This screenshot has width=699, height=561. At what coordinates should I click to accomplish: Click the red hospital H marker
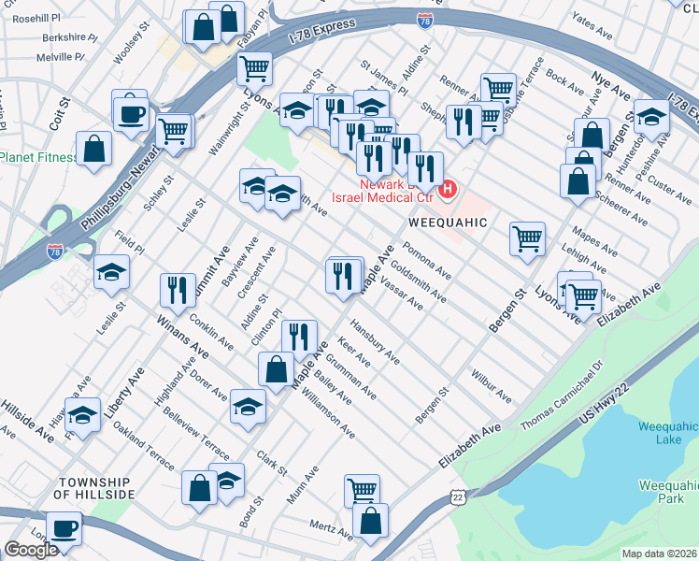447,190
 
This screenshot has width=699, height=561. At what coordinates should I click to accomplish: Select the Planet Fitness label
38,157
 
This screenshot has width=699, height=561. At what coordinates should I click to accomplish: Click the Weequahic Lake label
667,433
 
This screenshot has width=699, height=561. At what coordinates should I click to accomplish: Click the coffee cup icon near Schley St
131,114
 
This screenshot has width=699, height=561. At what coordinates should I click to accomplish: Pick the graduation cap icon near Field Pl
112,272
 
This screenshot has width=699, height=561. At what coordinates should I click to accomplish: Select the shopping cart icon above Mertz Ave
362,489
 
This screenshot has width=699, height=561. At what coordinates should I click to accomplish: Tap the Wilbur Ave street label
491,392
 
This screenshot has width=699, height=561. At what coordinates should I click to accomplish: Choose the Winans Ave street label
182,337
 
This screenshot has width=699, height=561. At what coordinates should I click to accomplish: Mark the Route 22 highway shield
457,497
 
